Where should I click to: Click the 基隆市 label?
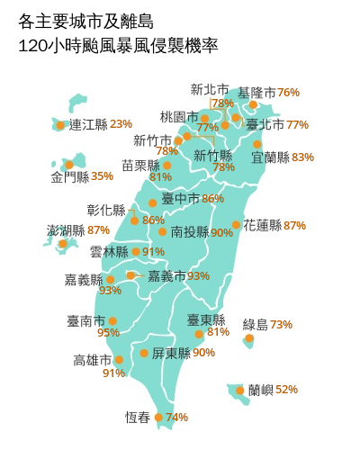point(256,93)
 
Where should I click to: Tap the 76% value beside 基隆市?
point(289,93)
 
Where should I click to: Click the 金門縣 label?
point(69,176)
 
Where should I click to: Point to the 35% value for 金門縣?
point(103,176)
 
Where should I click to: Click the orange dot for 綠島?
point(249,339)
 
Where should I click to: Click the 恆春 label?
point(138,417)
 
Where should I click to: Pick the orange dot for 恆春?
point(158,418)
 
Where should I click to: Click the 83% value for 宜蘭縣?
point(303,157)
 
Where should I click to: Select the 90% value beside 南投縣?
point(221,232)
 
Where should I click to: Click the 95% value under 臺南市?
point(109,333)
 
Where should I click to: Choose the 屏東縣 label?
point(171,353)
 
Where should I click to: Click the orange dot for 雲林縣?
point(136,252)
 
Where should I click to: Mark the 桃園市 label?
point(179,117)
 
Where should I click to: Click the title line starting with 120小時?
point(117,45)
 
